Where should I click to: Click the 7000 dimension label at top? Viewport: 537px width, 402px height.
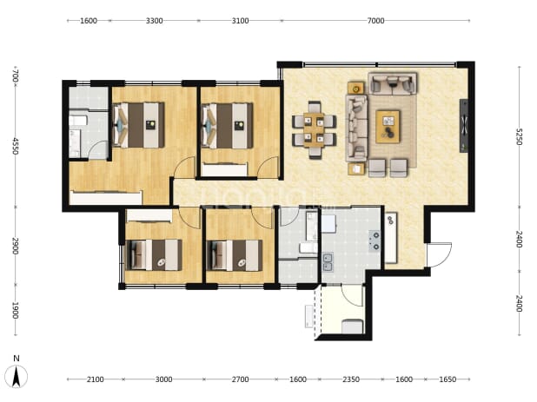pos(375,21)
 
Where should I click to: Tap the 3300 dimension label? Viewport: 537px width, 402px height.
pos(154,21)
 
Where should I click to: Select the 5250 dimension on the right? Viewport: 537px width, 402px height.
pos(520,136)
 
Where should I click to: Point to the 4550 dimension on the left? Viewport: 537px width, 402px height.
pos(15,146)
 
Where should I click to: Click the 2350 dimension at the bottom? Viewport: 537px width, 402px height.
pos(351,379)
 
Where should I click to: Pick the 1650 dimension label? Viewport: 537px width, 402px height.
pos(447,379)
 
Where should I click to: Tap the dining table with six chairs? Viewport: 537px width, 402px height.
pos(314,130)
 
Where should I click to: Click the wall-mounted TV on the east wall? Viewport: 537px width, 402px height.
pos(464,126)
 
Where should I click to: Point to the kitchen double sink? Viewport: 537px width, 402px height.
pos(328,262)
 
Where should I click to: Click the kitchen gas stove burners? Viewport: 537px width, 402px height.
pos(375,241)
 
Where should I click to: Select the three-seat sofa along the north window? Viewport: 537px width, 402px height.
pos(393,83)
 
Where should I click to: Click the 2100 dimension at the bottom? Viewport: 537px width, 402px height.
pos(95,379)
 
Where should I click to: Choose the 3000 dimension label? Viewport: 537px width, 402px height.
pos(163,379)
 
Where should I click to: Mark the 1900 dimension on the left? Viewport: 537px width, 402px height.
pos(15,310)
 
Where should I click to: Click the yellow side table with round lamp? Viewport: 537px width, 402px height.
pos(356,88)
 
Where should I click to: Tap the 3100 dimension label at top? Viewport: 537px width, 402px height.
pos(240,21)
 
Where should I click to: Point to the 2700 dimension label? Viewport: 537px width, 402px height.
pos(240,379)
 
